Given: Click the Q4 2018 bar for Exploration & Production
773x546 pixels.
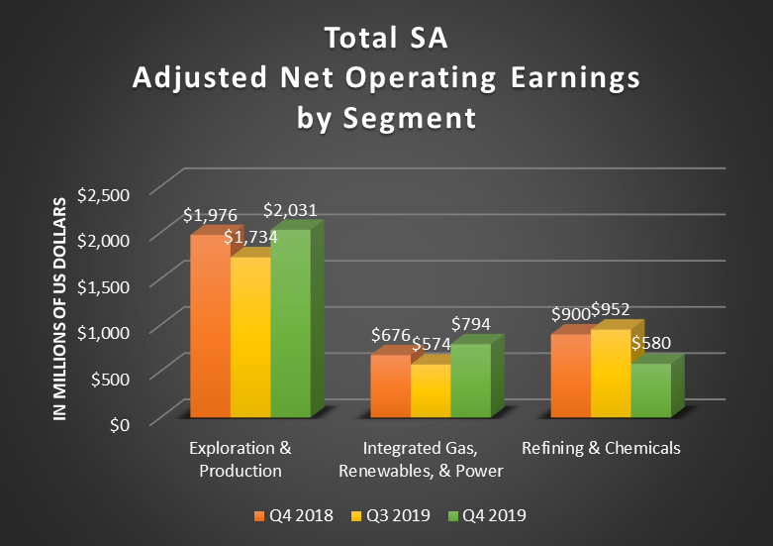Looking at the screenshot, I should (209, 327).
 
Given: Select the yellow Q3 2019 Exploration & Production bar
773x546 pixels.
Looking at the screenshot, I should (249, 337).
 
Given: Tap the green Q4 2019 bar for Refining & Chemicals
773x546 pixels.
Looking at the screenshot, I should (650, 390).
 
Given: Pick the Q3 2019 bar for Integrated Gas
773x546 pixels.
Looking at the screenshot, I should (430, 390).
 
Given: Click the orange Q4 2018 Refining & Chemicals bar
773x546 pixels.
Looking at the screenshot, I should (570, 377).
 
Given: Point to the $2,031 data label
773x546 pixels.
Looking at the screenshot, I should (290, 210).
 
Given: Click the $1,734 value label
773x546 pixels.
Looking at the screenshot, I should (250, 237).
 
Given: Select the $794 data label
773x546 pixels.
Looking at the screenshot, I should (470, 324).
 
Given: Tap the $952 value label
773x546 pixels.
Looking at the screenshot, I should (611, 310).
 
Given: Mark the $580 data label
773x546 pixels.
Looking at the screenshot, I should (652, 344).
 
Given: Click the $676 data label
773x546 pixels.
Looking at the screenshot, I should (390, 337).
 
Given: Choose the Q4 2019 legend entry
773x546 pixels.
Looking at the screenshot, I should (488, 515).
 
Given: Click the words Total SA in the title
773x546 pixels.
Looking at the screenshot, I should (386, 41).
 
